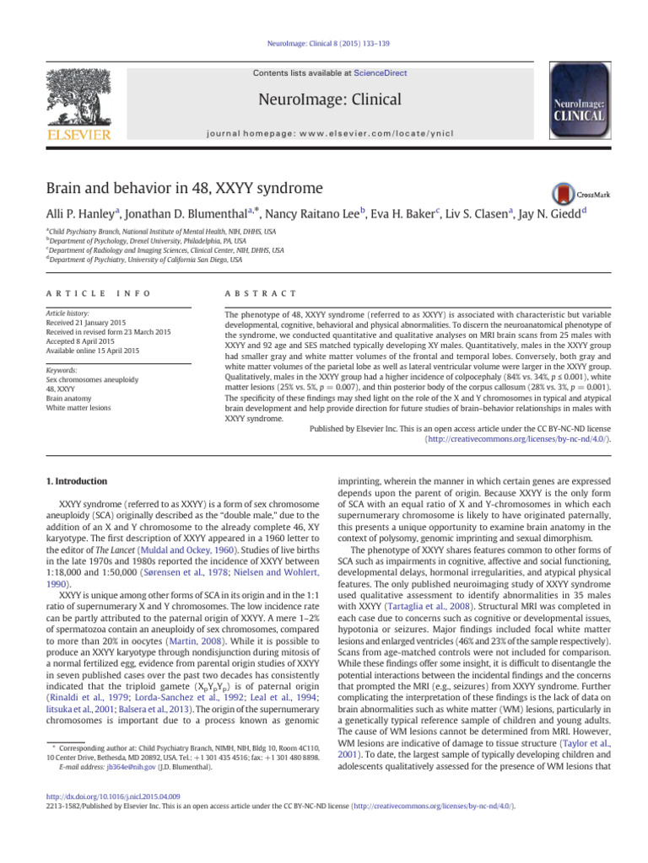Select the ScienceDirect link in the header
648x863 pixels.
coord(381,73)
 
